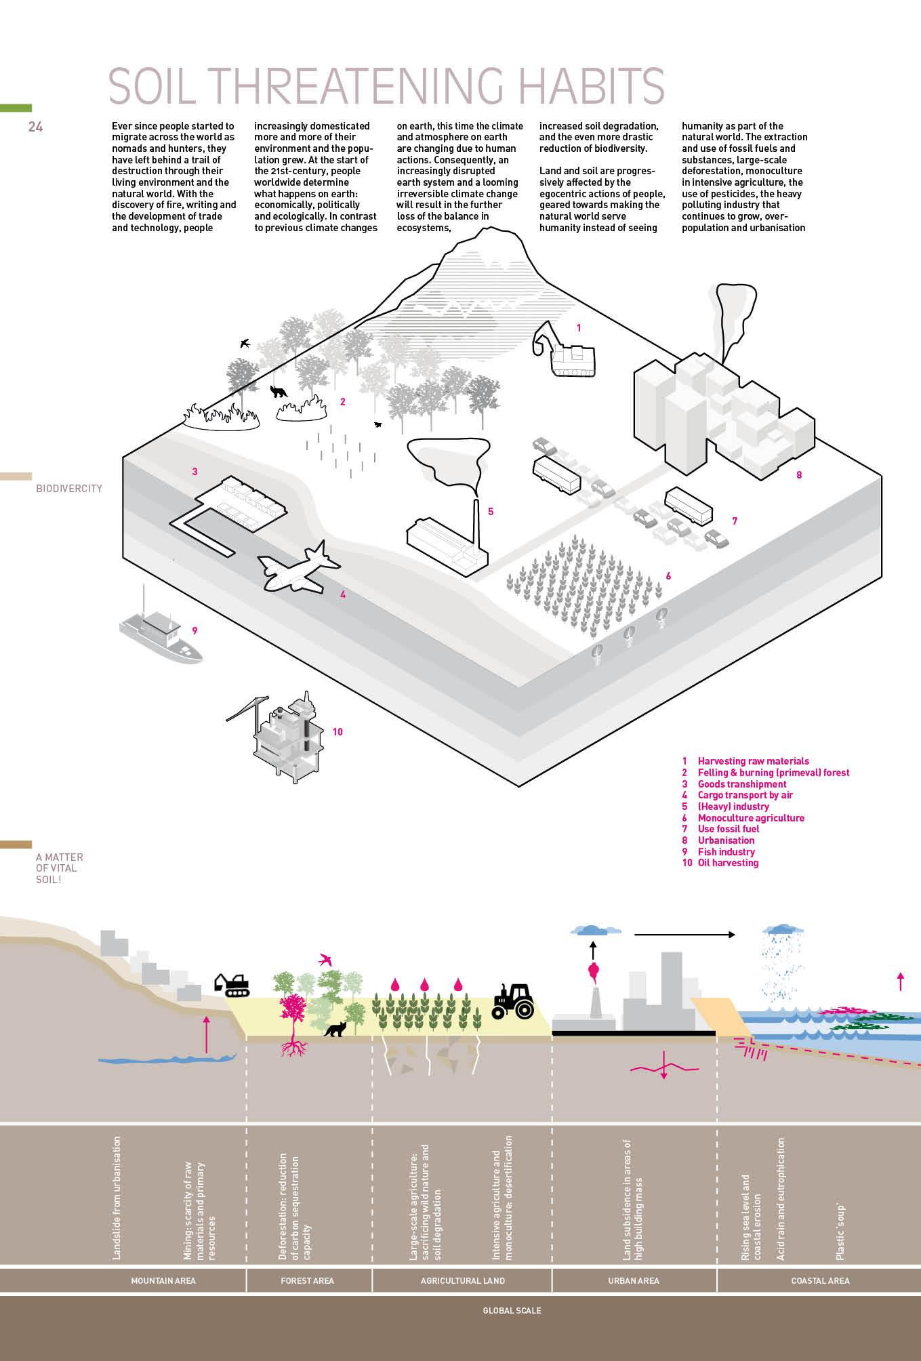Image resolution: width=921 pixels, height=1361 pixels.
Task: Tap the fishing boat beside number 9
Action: tap(160, 633)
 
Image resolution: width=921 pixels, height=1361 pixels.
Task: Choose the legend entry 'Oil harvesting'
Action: tap(728, 863)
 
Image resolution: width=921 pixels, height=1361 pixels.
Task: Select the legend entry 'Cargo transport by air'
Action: tap(745, 795)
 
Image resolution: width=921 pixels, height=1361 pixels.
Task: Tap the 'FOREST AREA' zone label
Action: tap(307, 1280)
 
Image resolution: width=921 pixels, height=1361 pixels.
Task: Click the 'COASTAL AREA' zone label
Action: tap(820, 1280)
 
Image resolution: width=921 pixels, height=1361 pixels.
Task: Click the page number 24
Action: tap(35, 127)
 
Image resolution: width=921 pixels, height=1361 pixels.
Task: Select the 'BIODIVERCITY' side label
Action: tap(69, 488)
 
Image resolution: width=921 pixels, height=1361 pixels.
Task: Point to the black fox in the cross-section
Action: tap(335, 1030)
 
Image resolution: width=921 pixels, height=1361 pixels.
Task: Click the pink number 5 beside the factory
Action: tap(491, 512)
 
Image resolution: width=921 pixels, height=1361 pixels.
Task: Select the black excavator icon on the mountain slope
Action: tap(232, 984)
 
